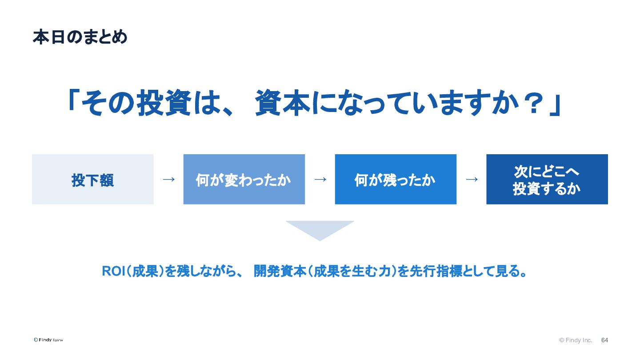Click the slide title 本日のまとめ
pyautogui.click(x=80, y=37)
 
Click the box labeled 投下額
pyautogui.click(x=92, y=179)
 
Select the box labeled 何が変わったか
pyautogui.click(x=244, y=179)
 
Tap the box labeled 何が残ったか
pyautogui.click(x=396, y=179)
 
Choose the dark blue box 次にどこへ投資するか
pyautogui.click(x=547, y=179)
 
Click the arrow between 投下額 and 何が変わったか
pyautogui.click(x=169, y=180)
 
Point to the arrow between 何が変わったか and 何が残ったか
pyautogui.click(x=320, y=180)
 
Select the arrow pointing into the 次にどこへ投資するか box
pyautogui.click(x=472, y=180)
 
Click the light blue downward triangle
pyautogui.click(x=320, y=228)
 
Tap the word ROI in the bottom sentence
pyautogui.click(x=114, y=271)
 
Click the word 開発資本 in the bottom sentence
pyautogui.click(x=280, y=271)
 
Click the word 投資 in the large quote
pyautogui.click(x=164, y=103)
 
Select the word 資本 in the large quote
pyautogui.click(x=283, y=103)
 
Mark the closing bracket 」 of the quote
pyautogui.click(x=556, y=106)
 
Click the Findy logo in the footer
pyautogui.click(x=48, y=340)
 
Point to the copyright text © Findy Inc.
pyautogui.click(x=576, y=340)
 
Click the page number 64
pyautogui.click(x=604, y=340)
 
